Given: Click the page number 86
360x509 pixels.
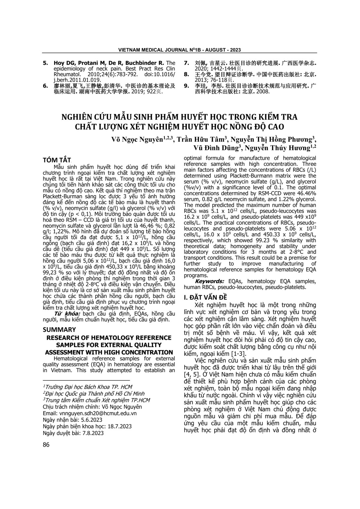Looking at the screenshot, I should coord(46,445).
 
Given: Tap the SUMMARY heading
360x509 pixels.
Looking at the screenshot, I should coord(59,330).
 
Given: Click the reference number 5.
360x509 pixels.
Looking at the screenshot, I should coord(45,63).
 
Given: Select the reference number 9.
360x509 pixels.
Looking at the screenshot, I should coord(186,86).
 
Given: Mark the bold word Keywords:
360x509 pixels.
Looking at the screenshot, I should coord(209,281).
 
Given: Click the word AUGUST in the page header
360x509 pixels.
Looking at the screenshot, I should coord(211,50).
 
